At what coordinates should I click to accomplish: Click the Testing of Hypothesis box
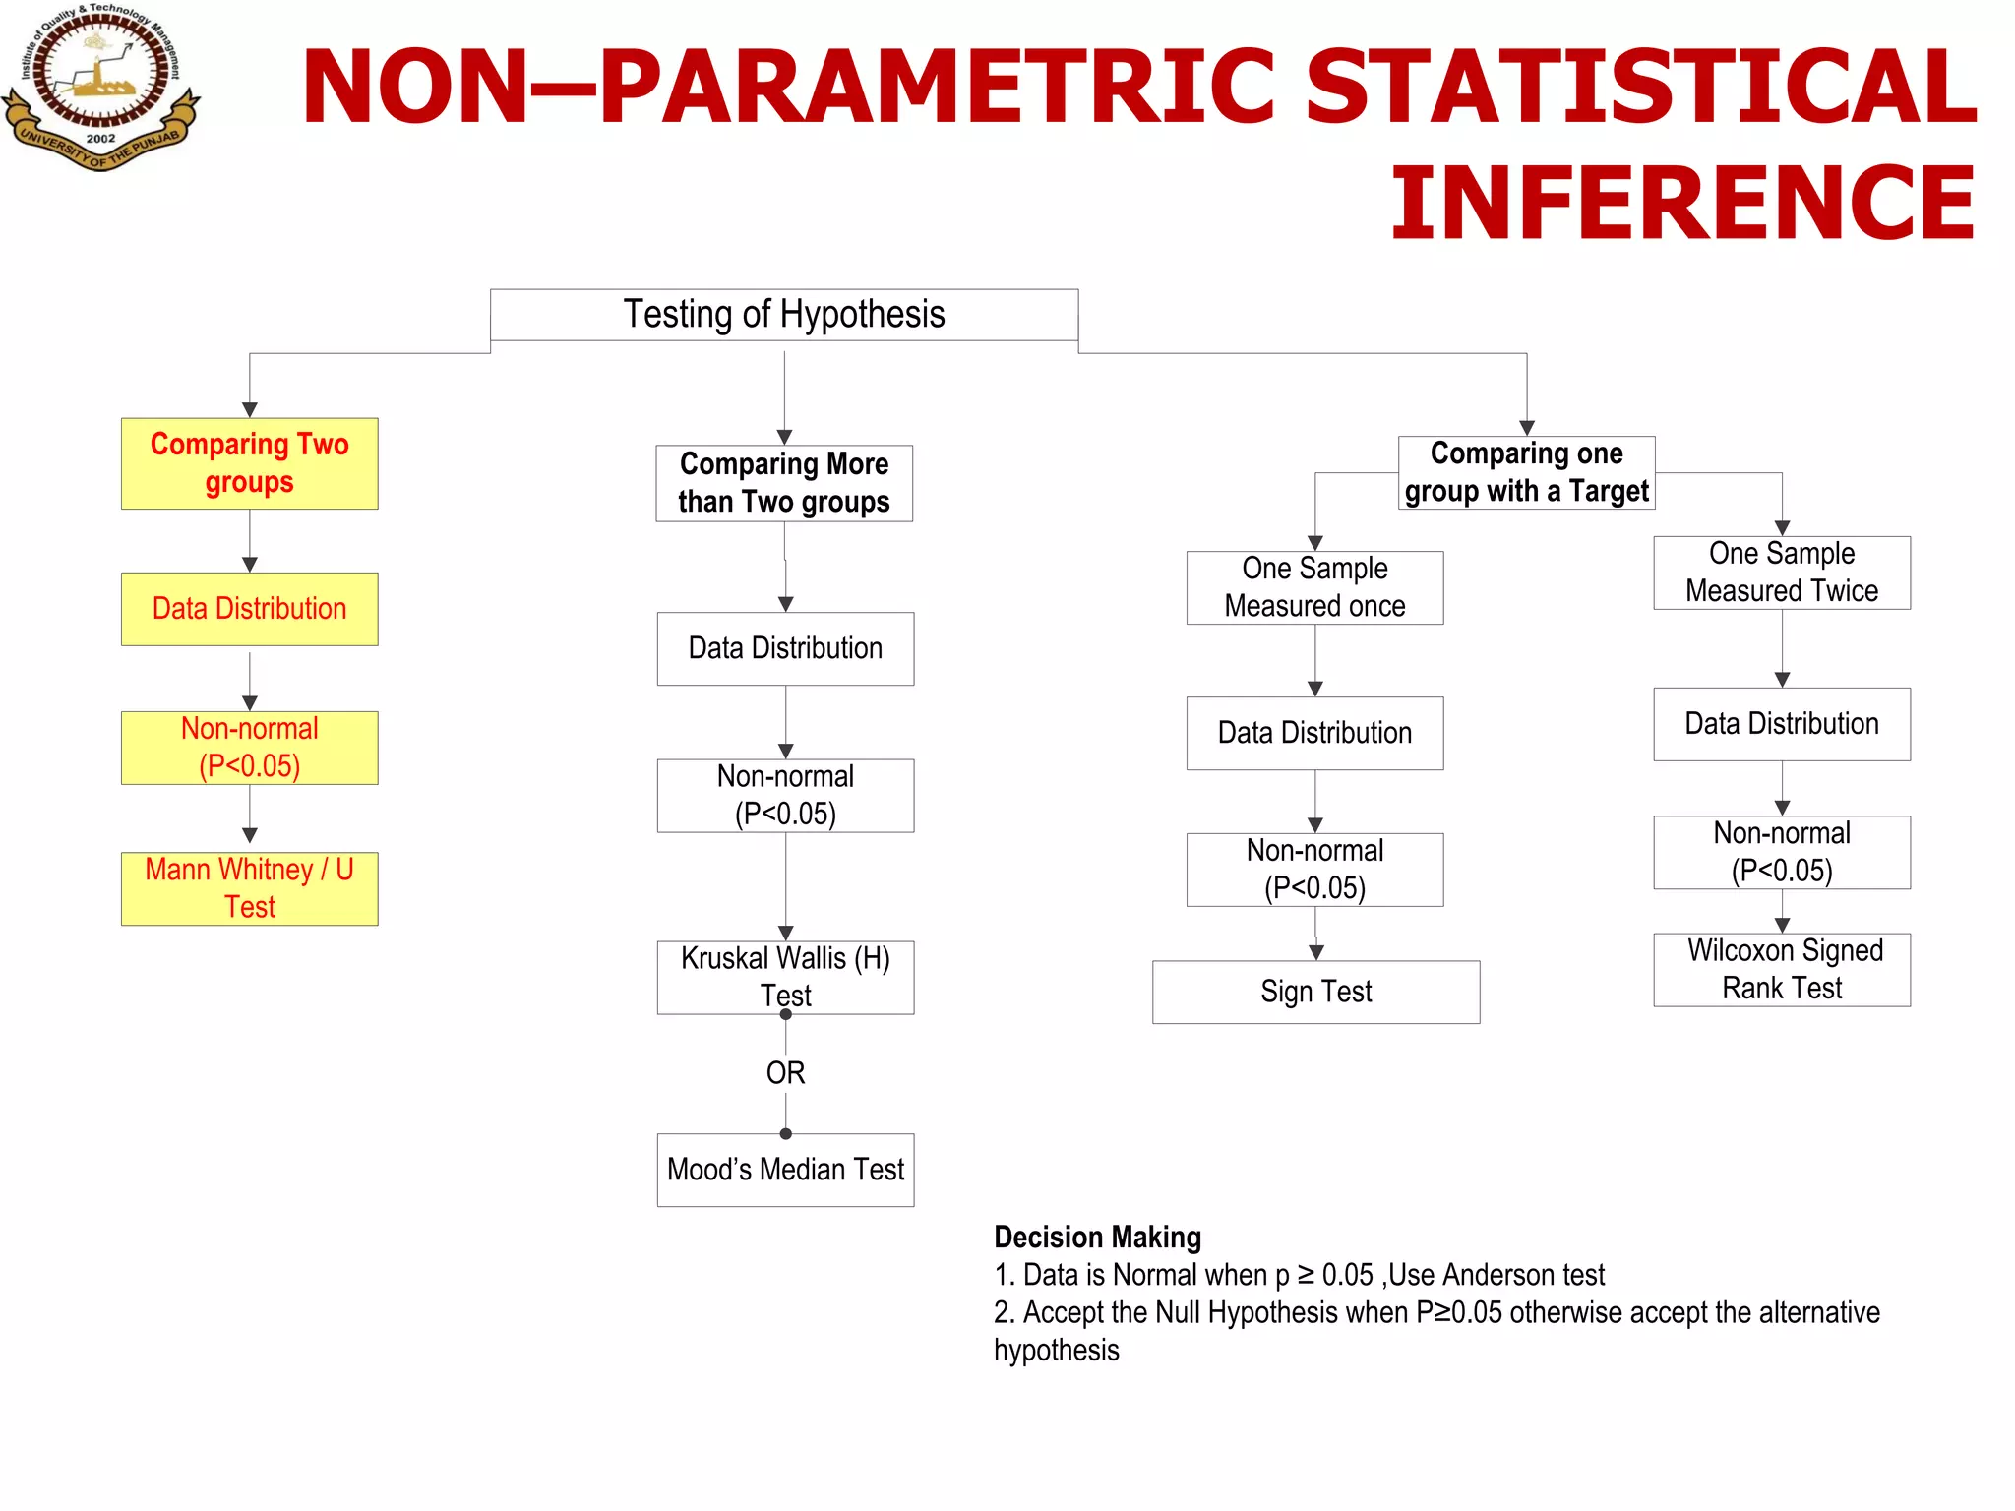(x=784, y=315)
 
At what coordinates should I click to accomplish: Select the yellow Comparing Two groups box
(x=249, y=463)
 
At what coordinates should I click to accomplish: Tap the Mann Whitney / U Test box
(x=249, y=888)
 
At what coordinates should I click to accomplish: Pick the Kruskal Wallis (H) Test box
(x=785, y=977)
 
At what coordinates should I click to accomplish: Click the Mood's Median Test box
(x=785, y=1170)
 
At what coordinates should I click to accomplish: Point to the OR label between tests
(x=785, y=1072)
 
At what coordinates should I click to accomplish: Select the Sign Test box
(x=1315, y=992)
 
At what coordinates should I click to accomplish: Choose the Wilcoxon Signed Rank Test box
(x=1782, y=969)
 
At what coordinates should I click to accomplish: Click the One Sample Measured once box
(x=1314, y=587)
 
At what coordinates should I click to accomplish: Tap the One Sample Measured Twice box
(x=1782, y=573)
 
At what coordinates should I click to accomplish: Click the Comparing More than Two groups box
(x=784, y=483)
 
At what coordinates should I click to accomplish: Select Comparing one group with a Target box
(x=1526, y=472)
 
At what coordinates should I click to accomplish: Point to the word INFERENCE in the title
(x=1682, y=204)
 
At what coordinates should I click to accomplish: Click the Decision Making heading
(x=1097, y=1237)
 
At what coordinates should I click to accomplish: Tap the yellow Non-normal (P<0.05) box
(x=249, y=748)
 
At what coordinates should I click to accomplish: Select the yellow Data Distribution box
(x=249, y=609)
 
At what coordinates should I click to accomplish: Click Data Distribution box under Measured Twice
(x=1782, y=724)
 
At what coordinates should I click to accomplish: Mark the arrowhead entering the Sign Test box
(x=1315, y=952)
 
